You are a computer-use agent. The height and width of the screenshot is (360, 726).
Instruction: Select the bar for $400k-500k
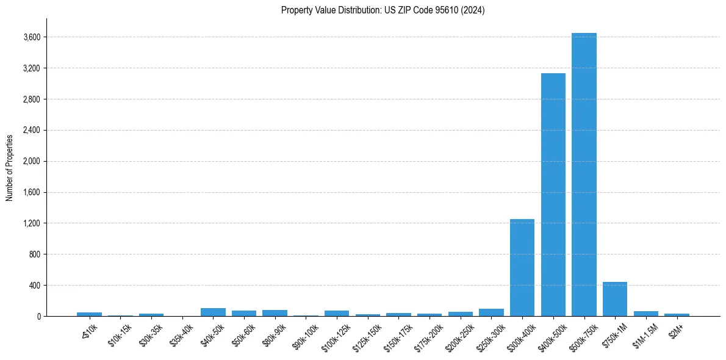(x=553, y=195)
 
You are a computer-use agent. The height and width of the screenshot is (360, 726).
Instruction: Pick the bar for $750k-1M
(x=615, y=299)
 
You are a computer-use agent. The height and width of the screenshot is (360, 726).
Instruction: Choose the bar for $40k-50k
(x=213, y=312)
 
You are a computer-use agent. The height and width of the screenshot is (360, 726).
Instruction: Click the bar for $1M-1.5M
(x=645, y=314)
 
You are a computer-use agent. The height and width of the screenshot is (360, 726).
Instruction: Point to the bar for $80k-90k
(x=275, y=313)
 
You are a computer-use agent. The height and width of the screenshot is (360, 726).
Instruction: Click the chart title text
(x=383, y=10)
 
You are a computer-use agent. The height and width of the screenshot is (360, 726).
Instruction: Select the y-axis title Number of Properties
(x=10, y=167)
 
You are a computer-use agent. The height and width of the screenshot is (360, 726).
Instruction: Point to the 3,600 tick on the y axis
(x=32, y=37)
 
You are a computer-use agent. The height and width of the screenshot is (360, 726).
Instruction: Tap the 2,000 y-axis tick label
(x=32, y=161)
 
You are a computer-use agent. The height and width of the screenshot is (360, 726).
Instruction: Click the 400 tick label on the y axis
(x=34, y=285)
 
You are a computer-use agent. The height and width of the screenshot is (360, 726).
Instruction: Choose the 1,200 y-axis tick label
(x=32, y=223)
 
